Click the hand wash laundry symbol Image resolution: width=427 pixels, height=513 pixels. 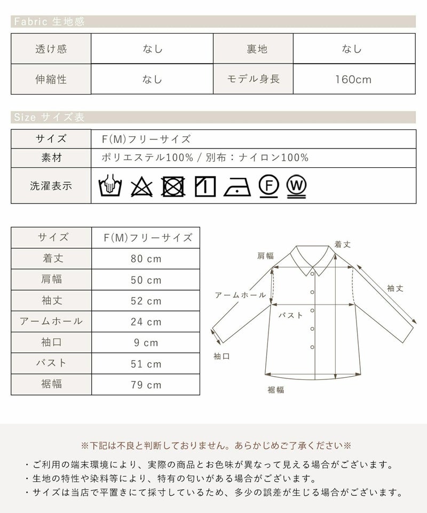(110, 185)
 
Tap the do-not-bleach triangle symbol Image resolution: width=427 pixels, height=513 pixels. (141, 187)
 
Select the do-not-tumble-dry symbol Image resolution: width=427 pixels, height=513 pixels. (173, 186)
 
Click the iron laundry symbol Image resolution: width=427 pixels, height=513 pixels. (237, 188)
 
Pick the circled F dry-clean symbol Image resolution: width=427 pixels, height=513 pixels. (269, 186)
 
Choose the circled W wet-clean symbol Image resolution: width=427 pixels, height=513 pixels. (296, 186)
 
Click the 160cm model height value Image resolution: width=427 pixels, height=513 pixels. (353, 80)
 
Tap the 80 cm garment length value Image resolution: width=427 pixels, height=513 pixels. (146, 259)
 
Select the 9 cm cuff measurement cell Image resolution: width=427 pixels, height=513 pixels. (146, 343)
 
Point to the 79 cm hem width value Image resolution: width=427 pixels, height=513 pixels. (146, 385)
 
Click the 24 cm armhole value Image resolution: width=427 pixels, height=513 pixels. (146, 322)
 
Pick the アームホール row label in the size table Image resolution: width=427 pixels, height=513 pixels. (51, 321)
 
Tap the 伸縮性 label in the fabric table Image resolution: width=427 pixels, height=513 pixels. (51, 79)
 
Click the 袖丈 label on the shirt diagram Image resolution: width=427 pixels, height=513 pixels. (395, 288)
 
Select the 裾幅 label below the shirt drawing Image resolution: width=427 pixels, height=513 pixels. (276, 390)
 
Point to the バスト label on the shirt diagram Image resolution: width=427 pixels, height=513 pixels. (290, 315)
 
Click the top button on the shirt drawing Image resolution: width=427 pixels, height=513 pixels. (312, 274)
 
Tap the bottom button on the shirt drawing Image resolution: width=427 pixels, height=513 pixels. (312, 347)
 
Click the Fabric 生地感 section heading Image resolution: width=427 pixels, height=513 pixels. (49, 21)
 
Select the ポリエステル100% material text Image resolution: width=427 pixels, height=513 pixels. (147, 158)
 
